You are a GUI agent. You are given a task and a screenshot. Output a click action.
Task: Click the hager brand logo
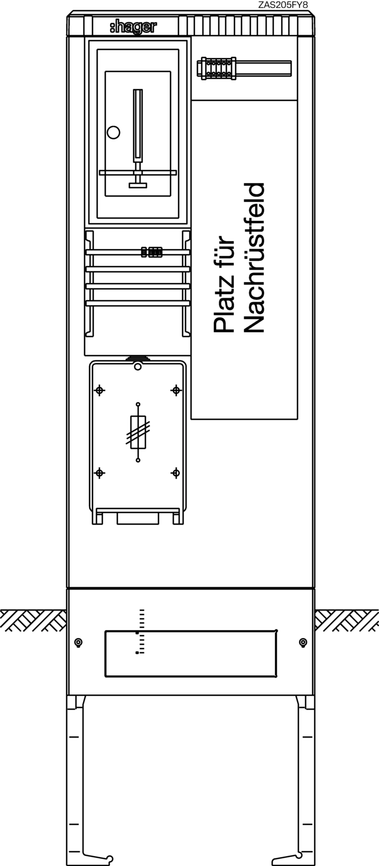pos(134,27)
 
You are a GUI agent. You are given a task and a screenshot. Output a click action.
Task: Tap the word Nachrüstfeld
pos(254,258)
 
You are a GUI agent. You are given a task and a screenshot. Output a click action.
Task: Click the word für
pos(224,249)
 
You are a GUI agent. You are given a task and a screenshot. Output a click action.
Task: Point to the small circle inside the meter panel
pos(113,132)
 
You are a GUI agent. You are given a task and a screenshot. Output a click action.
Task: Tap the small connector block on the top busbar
pos(152,252)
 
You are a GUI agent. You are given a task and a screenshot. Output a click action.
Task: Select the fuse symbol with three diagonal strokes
pos(138,432)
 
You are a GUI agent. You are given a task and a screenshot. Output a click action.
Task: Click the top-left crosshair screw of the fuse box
pos(99,390)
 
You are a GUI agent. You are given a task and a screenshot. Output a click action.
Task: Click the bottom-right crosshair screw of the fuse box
pos(176,473)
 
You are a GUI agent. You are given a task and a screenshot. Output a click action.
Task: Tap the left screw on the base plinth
pos(79,643)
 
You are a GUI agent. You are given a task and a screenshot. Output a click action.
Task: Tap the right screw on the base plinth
pos(303,643)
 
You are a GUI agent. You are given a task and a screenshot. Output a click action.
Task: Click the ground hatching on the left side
pos(33,620)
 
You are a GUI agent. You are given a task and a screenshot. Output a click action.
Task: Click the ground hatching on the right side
pos(347,620)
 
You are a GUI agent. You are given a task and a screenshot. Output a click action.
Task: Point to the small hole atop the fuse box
pos(138,366)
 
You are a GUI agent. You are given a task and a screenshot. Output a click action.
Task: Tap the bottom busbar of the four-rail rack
pos(138,303)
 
